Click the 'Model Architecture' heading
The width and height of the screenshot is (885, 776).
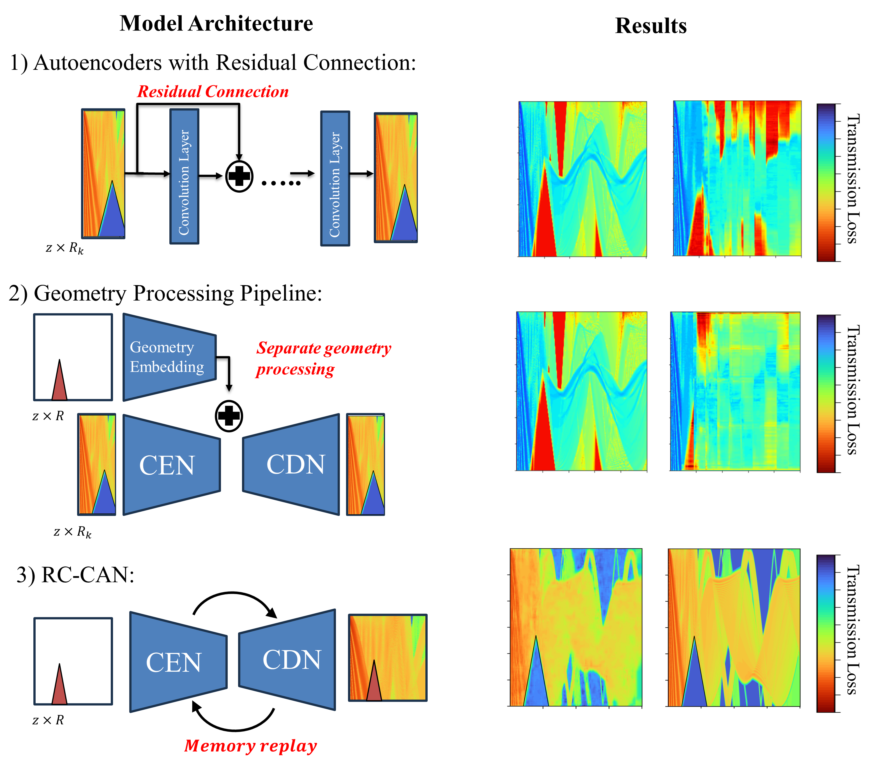216,23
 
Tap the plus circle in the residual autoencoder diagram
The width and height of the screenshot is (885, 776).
239,176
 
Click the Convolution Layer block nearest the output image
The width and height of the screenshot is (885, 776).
335,178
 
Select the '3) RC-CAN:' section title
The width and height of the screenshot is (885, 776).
75,575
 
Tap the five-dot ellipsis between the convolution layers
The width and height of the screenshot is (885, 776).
281,183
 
